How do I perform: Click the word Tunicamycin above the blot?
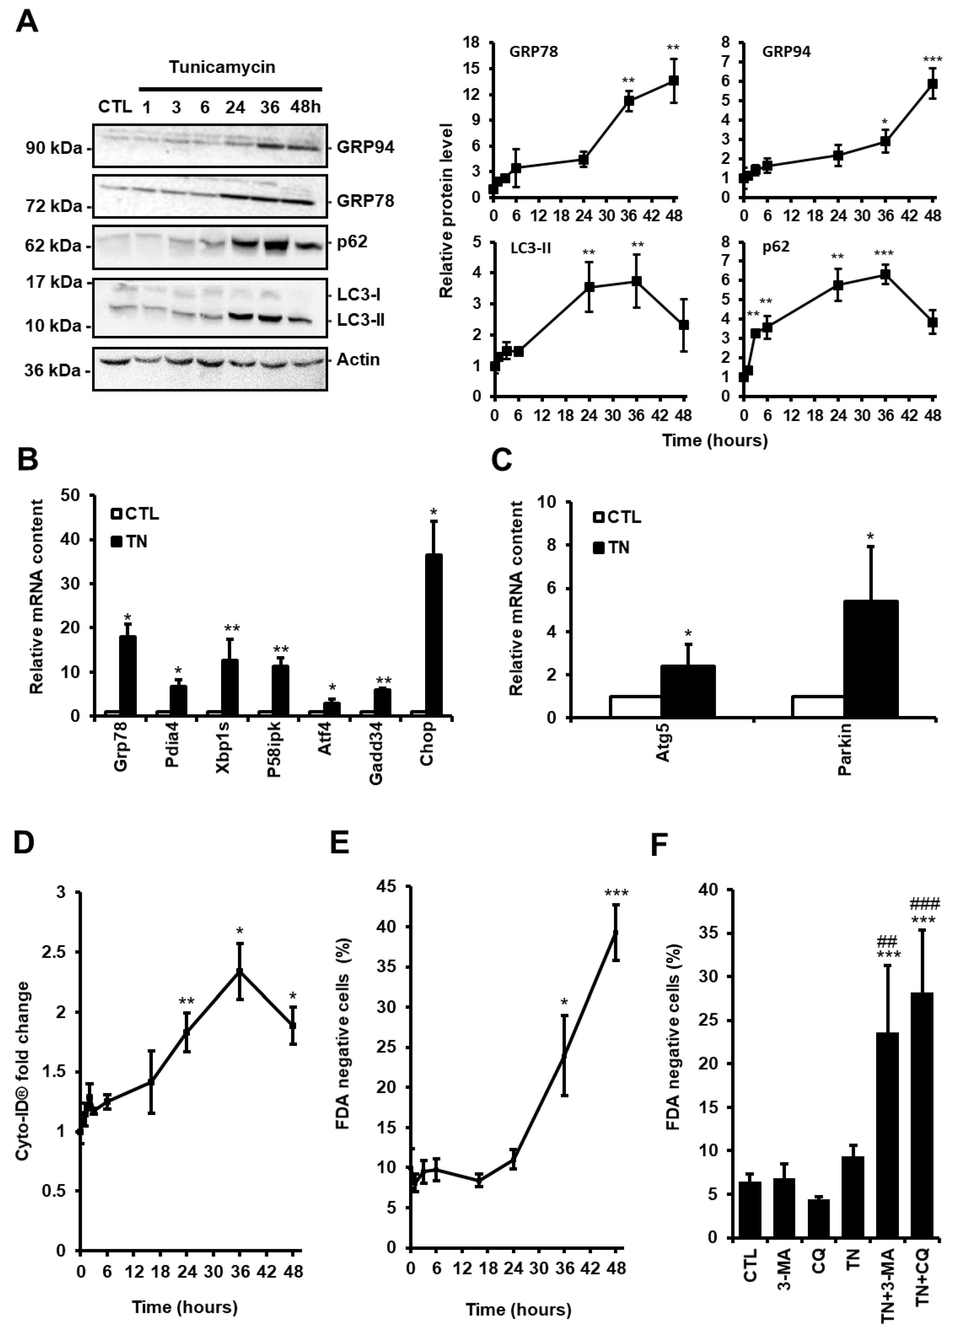coord(222,67)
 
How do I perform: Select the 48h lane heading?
coord(305,107)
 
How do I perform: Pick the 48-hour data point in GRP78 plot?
coord(674,80)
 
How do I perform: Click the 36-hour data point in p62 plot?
coord(885,274)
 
